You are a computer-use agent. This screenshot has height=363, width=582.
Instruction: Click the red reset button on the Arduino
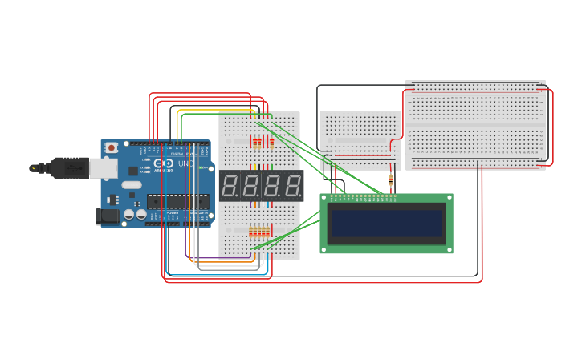click(x=112, y=148)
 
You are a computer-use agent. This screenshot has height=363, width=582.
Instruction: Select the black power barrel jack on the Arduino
click(x=107, y=216)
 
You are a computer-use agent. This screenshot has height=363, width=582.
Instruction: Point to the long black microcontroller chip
click(x=177, y=201)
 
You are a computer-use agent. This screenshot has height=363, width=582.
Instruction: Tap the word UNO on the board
click(x=185, y=164)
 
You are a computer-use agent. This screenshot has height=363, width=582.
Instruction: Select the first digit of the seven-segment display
click(x=229, y=186)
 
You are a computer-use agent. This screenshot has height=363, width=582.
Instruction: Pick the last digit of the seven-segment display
click(x=294, y=186)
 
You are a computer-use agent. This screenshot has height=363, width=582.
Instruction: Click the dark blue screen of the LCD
click(x=386, y=224)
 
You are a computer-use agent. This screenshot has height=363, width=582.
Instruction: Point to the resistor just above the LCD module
click(x=391, y=181)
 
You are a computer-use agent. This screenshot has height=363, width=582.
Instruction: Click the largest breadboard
click(x=475, y=125)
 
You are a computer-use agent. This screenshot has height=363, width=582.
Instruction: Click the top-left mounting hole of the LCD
click(x=324, y=198)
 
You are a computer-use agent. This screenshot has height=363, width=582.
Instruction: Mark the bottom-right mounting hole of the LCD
click(x=449, y=249)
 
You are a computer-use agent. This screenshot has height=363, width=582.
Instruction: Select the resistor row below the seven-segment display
click(x=258, y=232)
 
